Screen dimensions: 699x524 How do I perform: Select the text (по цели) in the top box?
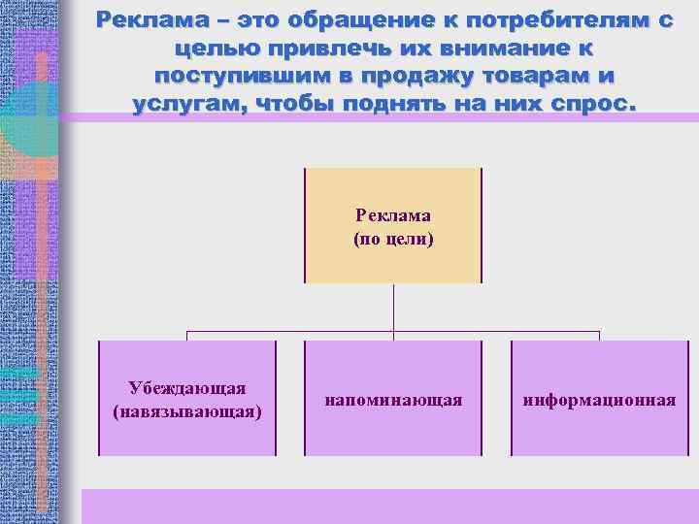pyautogui.click(x=392, y=238)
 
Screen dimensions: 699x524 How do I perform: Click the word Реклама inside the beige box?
pyautogui.click(x=392, y=215)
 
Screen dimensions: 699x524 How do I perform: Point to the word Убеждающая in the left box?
pyautogui.click(x=187, y=388)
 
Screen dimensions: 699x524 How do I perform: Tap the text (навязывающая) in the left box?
pyautogui.click(x=187, y=411)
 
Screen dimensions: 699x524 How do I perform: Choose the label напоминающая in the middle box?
pyautogui.click(x=393, y=400)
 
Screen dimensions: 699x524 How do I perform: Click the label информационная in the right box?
pyautogui.click(x=599, y=400)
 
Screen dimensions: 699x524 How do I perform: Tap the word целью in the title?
pyautogui.click(x=207, y=48)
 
